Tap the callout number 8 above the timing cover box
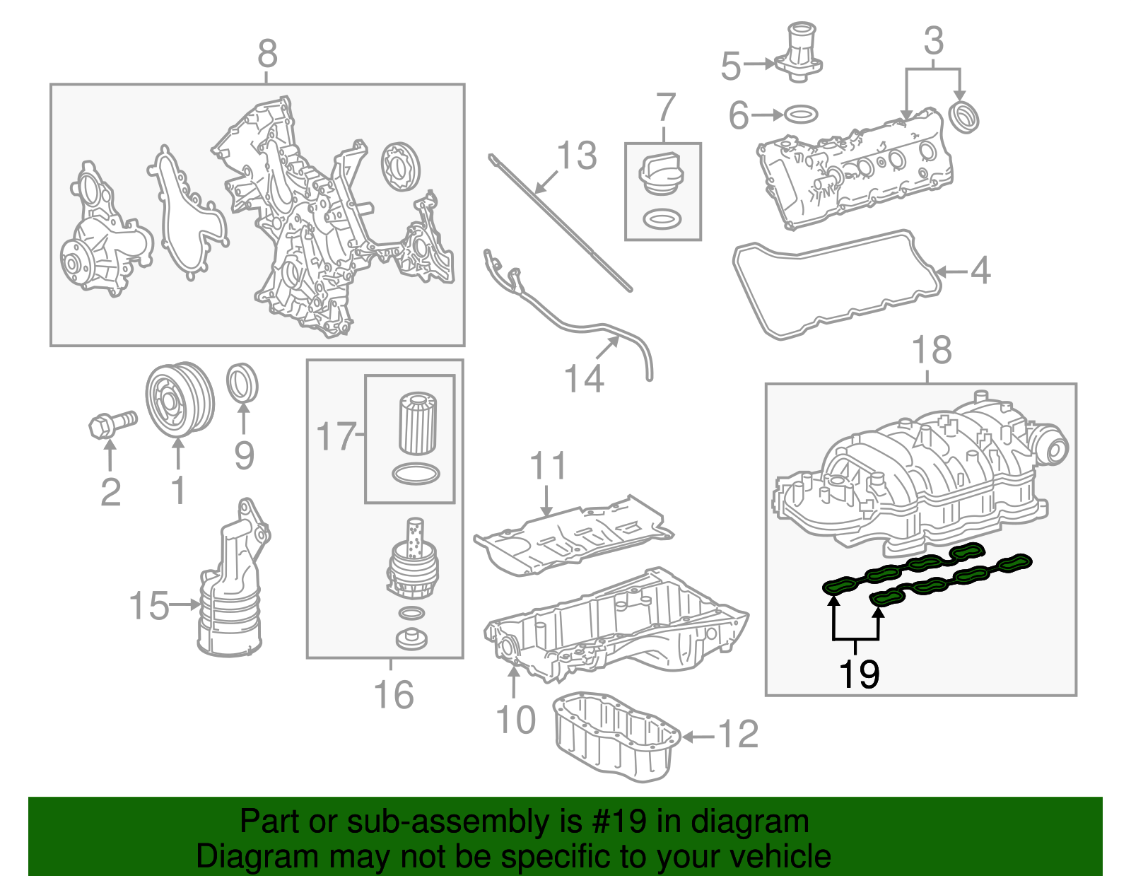[x=267, y=54]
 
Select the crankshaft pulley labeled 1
[x=180, y=401]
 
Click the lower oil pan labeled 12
[x=615, y=739]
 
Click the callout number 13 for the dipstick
[x=577, y=156]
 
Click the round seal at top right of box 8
[x=400, y=167]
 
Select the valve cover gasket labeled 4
[x=834, y=283]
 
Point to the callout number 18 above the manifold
[x=932, y=350]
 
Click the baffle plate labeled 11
[x=573, y=537]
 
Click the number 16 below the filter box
[x=393, y=695]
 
